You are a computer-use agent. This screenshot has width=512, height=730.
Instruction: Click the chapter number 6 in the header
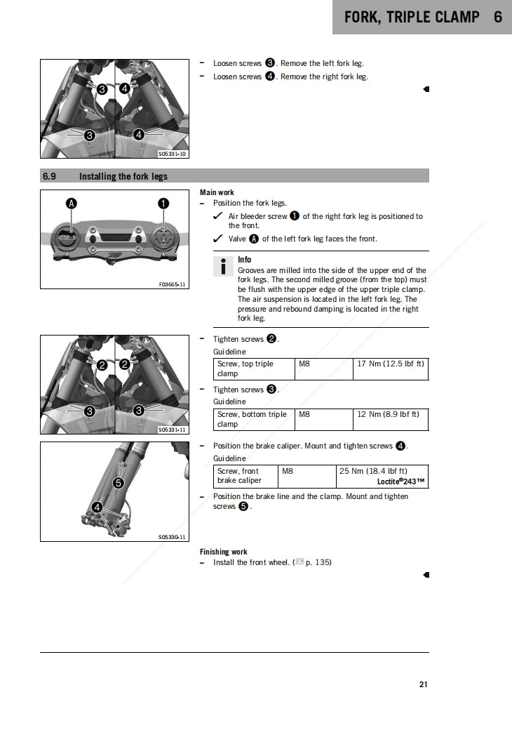pyautogui.click(x=497, y=17)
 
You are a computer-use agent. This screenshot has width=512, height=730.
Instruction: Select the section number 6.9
pyautogui.click(x=49, y=176)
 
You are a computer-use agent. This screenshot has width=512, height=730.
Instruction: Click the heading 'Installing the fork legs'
pyautogui.click(x=123, y=176)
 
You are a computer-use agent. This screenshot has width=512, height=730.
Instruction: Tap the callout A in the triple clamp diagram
pyautogui.click(x=71, y=204)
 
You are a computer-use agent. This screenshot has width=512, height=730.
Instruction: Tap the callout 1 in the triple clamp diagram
pyautogui.click(x=163, y=204)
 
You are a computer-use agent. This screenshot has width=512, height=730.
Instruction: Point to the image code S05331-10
pyautogui.click(x=172, y=154)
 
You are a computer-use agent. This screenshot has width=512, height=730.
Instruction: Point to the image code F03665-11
pyautogui.click(x=172, y=284)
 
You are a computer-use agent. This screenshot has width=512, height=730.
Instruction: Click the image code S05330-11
pyautogui.click(x=172, y=537)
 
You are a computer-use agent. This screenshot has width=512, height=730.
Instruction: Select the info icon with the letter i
pyautogui.click(x=223, y=266)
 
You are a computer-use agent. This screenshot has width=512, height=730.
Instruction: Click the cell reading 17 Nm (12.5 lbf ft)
pyautogui.click(x=391, y=364)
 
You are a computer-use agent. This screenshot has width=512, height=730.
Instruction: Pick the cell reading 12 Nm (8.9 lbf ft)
pyautogui.click(x=388, y=415)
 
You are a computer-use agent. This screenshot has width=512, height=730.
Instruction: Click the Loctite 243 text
pyautogui.click(x=400, y=482)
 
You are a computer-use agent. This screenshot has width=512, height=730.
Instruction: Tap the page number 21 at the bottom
pyautogui.click(x=424, y=684)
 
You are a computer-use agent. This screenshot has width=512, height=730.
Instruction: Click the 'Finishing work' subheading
pyautogui.click(x=223, y=552)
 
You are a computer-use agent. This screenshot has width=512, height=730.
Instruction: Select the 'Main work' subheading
pyautogui.click(x=217, y=192)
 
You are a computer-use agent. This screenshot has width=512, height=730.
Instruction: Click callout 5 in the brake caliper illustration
pyautogui.click(x=119, y=483)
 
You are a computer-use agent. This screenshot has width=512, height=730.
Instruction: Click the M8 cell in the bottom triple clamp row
pyautogui.click(x=304, y=415)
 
